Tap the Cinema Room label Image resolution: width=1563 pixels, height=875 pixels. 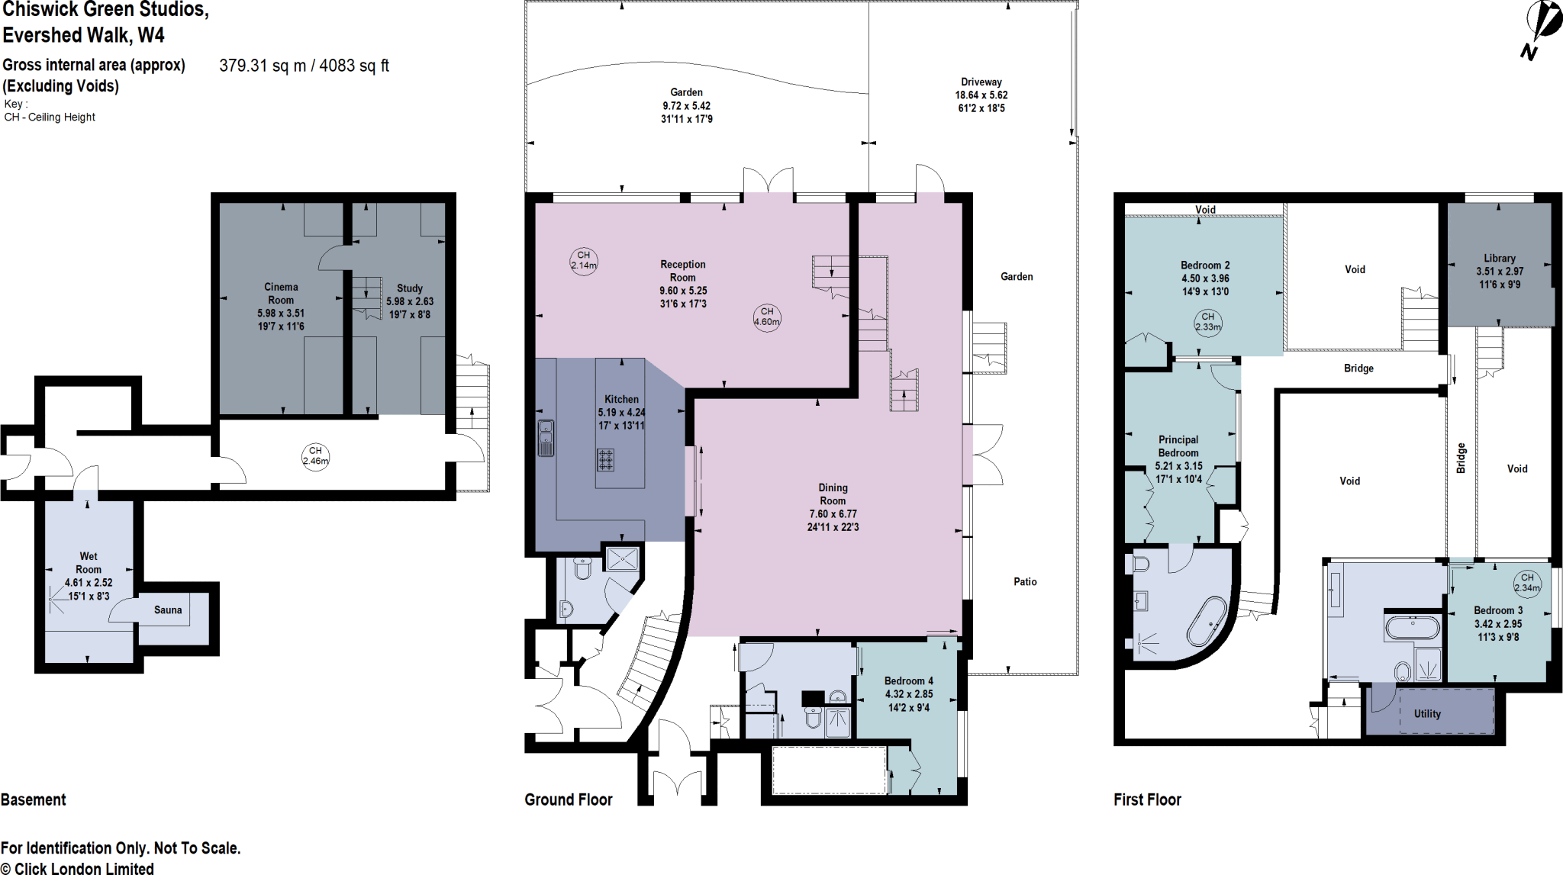pos(281,294)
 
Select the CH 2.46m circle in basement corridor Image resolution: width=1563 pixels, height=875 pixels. pos(315,456)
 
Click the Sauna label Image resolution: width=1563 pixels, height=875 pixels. pos(168,610)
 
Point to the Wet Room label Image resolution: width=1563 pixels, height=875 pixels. pos(89,563)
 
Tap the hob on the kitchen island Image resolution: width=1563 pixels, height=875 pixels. pos(605,460)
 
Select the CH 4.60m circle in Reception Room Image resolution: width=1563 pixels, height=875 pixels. pos(767,317)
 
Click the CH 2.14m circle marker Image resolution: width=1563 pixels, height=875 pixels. pos(584,261)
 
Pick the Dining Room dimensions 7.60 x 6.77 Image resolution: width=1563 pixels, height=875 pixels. pos(833,514)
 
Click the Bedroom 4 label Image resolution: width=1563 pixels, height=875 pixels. pos(908,680)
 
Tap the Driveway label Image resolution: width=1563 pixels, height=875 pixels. pos(981,82)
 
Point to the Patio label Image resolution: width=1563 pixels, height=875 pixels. pos(1025,581)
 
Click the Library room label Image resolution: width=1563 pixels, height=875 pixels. pos(1500,258)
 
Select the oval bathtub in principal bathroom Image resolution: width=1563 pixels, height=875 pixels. pos(1207,622)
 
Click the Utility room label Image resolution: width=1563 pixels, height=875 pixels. pos(1427,714)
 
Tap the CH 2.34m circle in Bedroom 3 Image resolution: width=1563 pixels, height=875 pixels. pos(1526,583)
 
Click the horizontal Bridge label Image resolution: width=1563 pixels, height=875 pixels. pos(1358,368)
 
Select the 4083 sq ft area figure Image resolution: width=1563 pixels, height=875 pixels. pos(354,66)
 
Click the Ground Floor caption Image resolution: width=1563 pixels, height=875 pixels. pos(569,799)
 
